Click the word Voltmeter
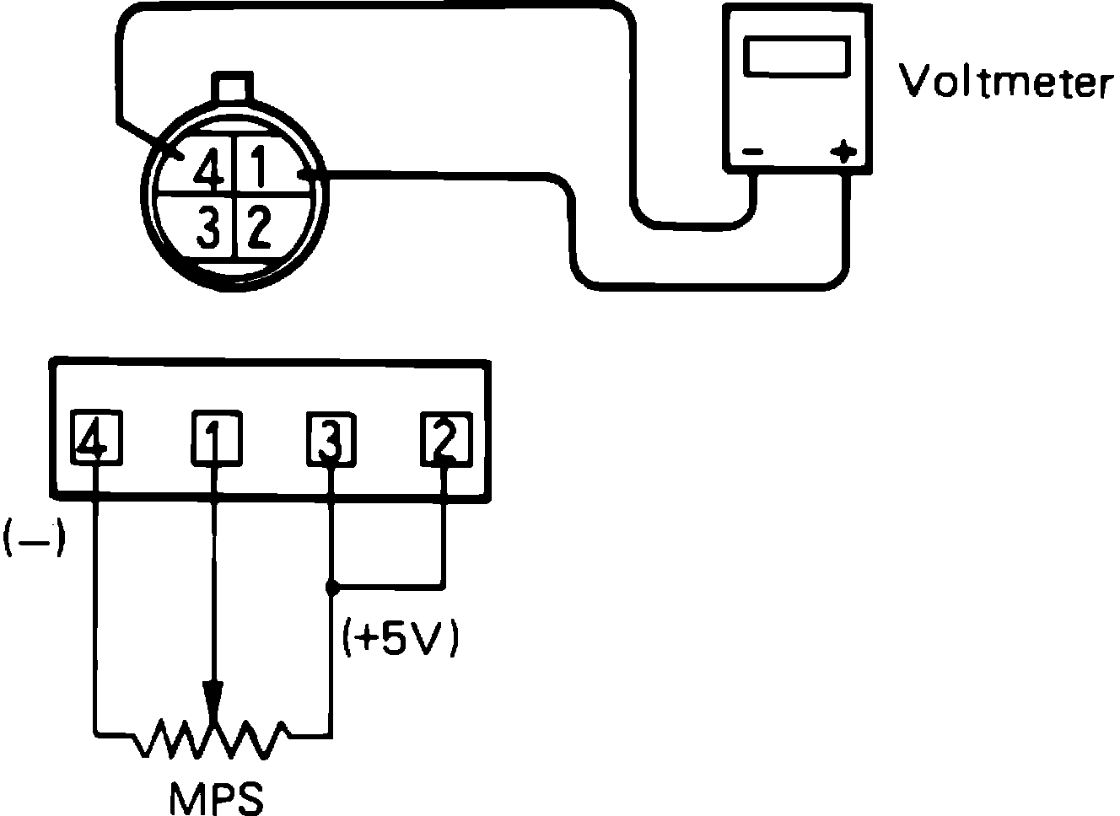(x=1003, y=82)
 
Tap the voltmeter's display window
(x=796, y=56)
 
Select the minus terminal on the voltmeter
(x=752, y=153)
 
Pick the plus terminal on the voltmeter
(x=843, y=153)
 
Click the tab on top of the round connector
(x=232, y=88)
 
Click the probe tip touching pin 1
(x=308, y=174)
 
